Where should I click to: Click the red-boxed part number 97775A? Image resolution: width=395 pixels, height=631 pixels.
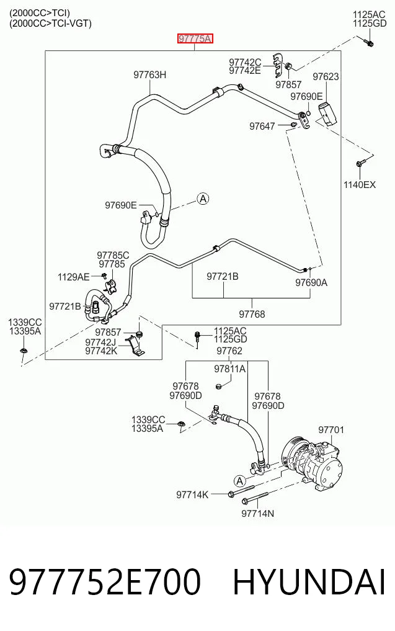195,38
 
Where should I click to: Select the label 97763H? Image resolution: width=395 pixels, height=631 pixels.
149,75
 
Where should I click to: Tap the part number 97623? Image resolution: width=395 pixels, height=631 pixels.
326,76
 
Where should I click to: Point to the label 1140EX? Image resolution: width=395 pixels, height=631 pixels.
359,185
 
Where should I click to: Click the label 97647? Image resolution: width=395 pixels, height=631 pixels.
262,127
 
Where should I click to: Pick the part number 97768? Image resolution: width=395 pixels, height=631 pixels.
252,314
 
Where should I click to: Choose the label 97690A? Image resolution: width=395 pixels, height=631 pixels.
311,282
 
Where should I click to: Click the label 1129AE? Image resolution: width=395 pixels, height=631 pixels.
74,277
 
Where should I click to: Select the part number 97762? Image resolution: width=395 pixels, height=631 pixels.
229,351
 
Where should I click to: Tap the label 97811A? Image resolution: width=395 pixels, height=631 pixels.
229,369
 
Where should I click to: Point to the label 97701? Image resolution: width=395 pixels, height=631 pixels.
332,430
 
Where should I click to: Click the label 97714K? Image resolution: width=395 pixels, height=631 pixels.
192,495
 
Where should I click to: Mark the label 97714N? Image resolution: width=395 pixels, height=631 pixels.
257,514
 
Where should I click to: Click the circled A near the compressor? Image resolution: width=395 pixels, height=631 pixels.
240,481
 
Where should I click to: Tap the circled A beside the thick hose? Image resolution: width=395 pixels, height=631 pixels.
203,199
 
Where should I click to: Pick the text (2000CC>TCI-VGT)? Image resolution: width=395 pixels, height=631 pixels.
50,24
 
